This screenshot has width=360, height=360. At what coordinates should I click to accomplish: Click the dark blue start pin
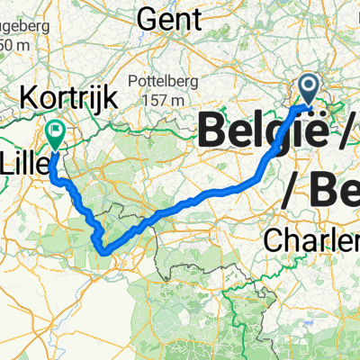point(308,87)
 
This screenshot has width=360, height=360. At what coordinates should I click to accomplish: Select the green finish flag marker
point(56,134)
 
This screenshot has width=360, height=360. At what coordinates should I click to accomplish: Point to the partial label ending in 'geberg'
point(18,28)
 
